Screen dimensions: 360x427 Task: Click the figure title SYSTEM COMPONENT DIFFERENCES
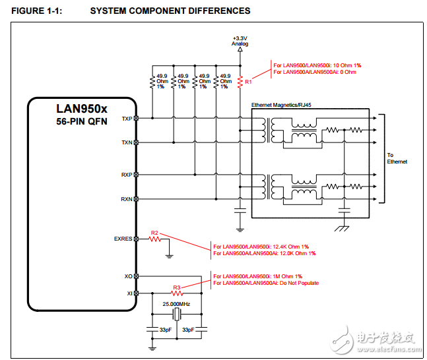coord(170,11)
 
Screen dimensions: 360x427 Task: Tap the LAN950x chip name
coord(81,108)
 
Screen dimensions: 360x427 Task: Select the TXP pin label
coord(126,119)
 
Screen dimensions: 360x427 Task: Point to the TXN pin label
coord(126,142)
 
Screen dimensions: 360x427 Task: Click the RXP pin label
coord(126,175)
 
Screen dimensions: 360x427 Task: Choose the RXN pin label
coord(126,198)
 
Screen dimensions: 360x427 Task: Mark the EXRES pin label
coord(123,239)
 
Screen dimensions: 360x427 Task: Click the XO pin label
coord(128,276)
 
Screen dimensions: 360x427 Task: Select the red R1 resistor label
coord(248,82)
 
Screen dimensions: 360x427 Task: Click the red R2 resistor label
coord(154,233)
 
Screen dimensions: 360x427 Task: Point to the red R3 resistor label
coord(176,287)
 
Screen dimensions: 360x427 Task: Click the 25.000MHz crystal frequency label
coord(176,303)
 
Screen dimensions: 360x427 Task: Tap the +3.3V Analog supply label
coord(240,42)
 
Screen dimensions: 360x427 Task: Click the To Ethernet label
coord(397,158)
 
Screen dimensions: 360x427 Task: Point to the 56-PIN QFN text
coord(81,122)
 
